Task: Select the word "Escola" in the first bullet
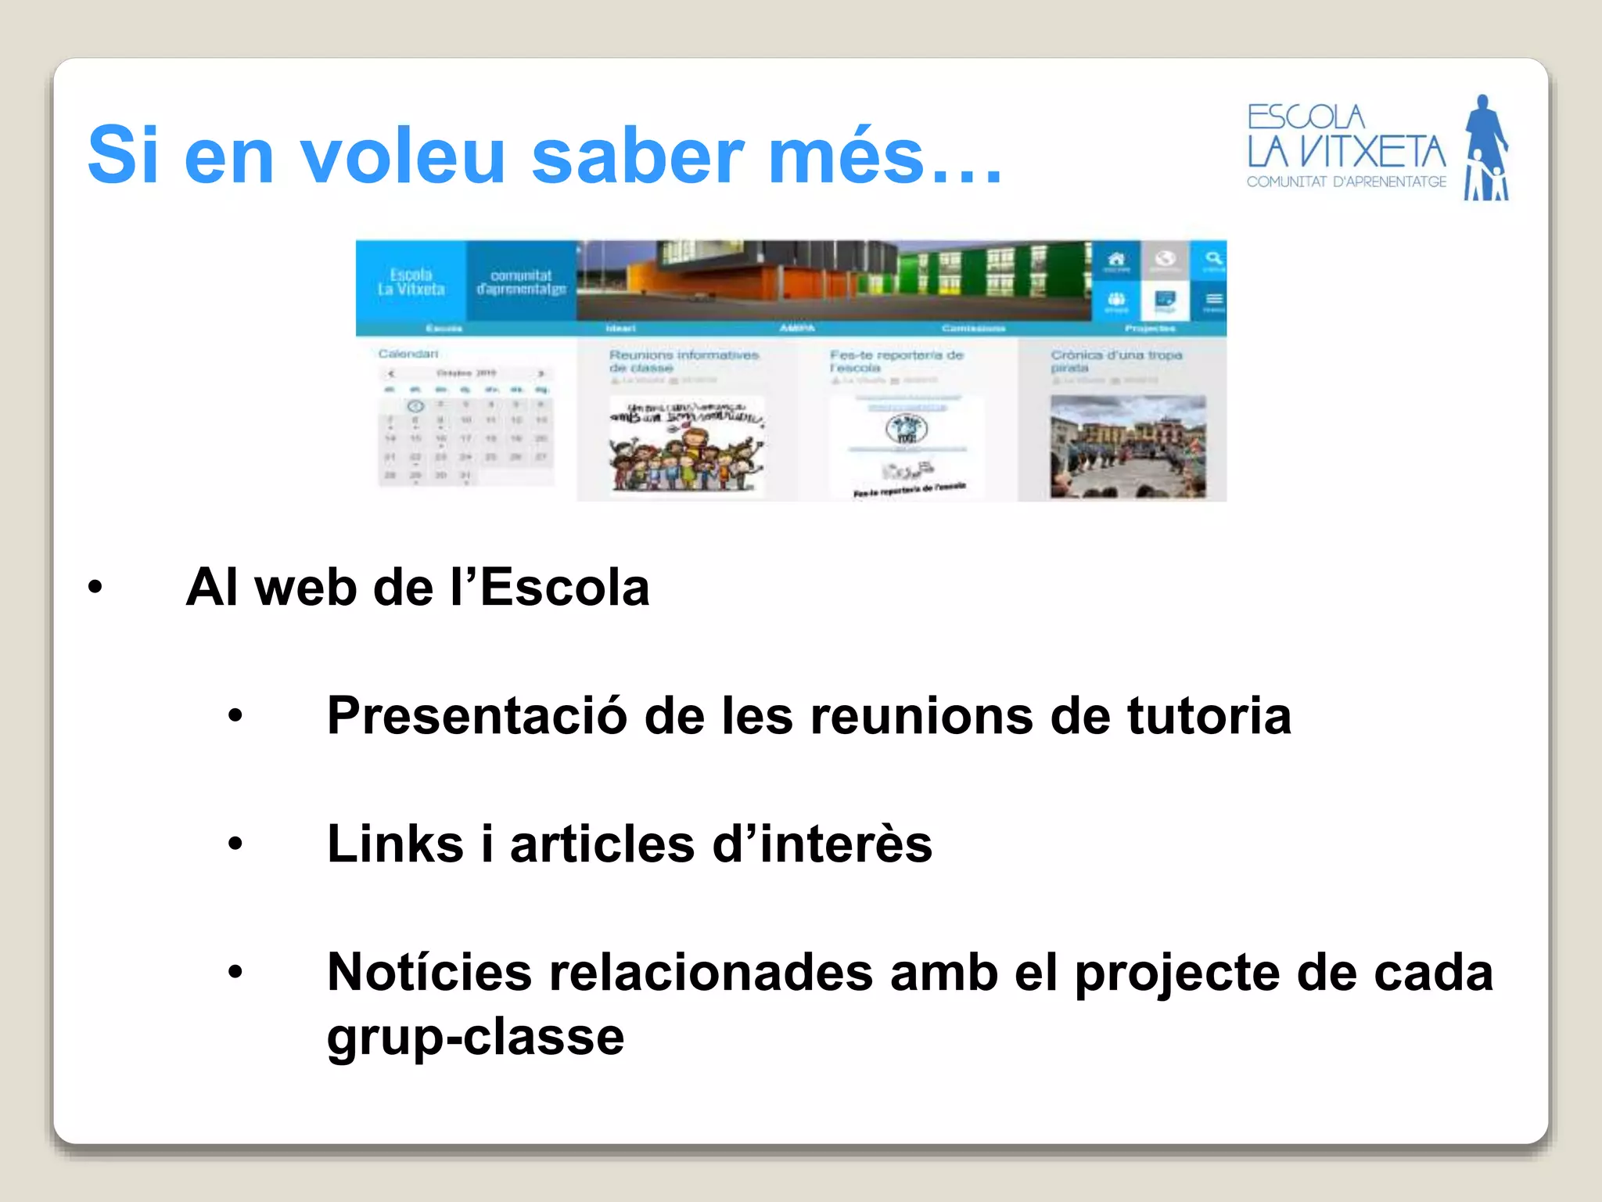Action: point(564,588)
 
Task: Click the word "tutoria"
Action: point(1209,715)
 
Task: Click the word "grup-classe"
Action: point(476,1037)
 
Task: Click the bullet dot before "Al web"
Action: point(95,587)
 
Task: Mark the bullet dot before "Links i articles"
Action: point(235,844)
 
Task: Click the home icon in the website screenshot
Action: point(1116,259)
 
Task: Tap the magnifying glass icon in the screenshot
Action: point(1212,259)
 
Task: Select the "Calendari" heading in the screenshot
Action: point(408,354)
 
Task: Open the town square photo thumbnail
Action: point(1127,447)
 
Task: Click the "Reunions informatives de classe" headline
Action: point(684,361)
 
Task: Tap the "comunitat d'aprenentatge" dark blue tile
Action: point(521,282)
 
